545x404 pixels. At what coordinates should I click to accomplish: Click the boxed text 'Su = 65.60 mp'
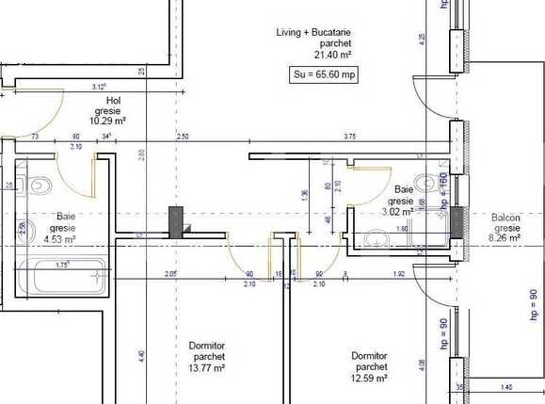point(322,74)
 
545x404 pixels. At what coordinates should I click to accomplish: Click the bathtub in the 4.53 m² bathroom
point(66,279)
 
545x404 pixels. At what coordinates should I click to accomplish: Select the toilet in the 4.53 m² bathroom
point(38,186)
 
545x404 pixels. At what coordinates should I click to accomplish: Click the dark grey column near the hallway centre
point(175,220)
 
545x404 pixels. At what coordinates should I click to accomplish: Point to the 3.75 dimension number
point(350,137)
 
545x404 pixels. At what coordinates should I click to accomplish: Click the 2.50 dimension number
point(183,137)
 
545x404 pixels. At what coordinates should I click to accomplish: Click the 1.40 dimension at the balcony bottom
point(505,387)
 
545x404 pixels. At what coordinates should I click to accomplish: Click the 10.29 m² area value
point(113,121)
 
